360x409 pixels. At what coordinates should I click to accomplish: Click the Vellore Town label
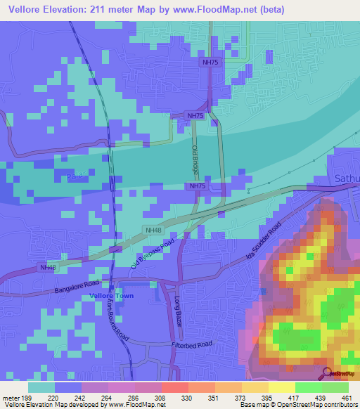click(x=110, y=296)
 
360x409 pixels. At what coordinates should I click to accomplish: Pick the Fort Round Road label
click(x=117, y=319)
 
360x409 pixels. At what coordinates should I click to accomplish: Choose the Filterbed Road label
click(x=191, y=344)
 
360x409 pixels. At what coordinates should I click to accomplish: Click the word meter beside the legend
click(x=11, y=396)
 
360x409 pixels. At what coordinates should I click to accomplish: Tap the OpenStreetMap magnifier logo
click(x=327, y=373)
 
